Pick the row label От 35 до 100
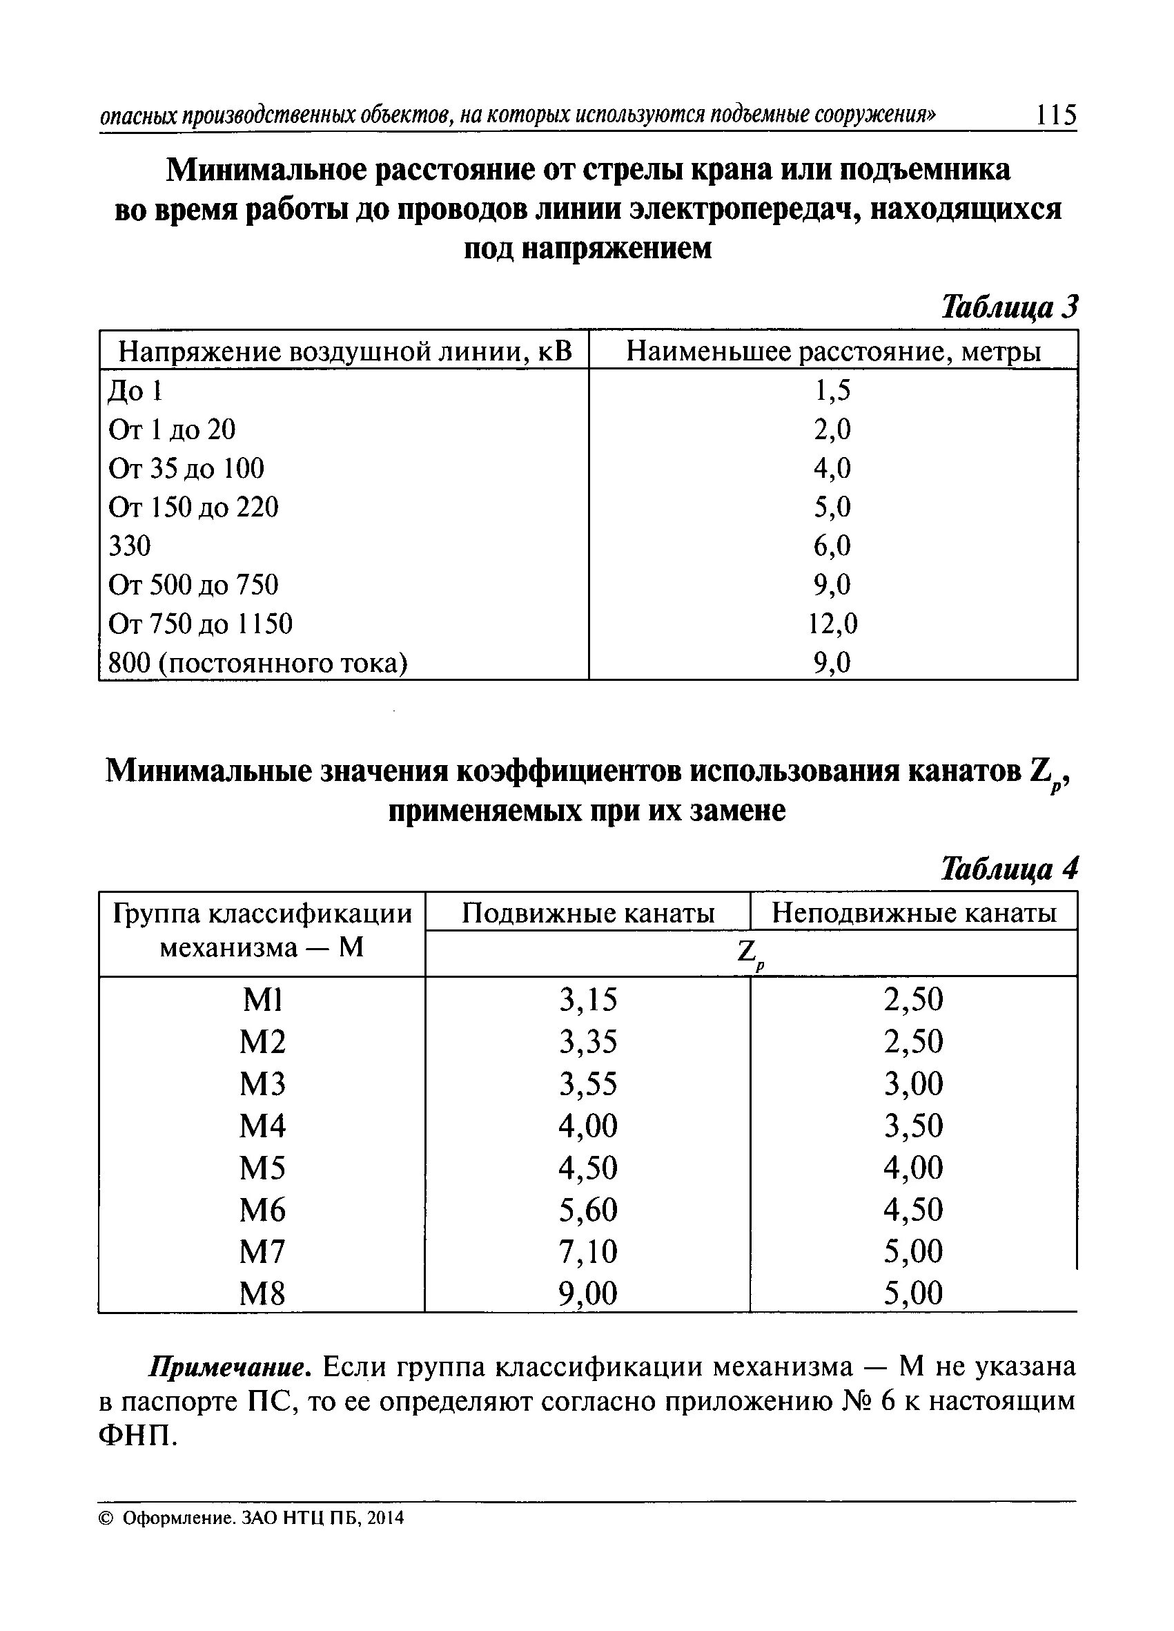click(x=186, y=468)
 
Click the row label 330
click(x=130, y=546)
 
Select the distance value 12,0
click(x=832, y=624)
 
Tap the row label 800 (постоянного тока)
click(x=257, y=662)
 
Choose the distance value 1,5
click(x=832, y=391)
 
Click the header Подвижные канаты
click(x=588, y=913)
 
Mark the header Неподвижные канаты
click(x=914, y=913)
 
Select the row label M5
click(x=262, y=1167)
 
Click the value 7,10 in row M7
click(x=588, y=1251)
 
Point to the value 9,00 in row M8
click(x=588, y=1294)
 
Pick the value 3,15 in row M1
click(x=588, y=1000)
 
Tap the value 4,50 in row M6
click(x=913, y=1210)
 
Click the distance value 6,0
click(x=832, y=546)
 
